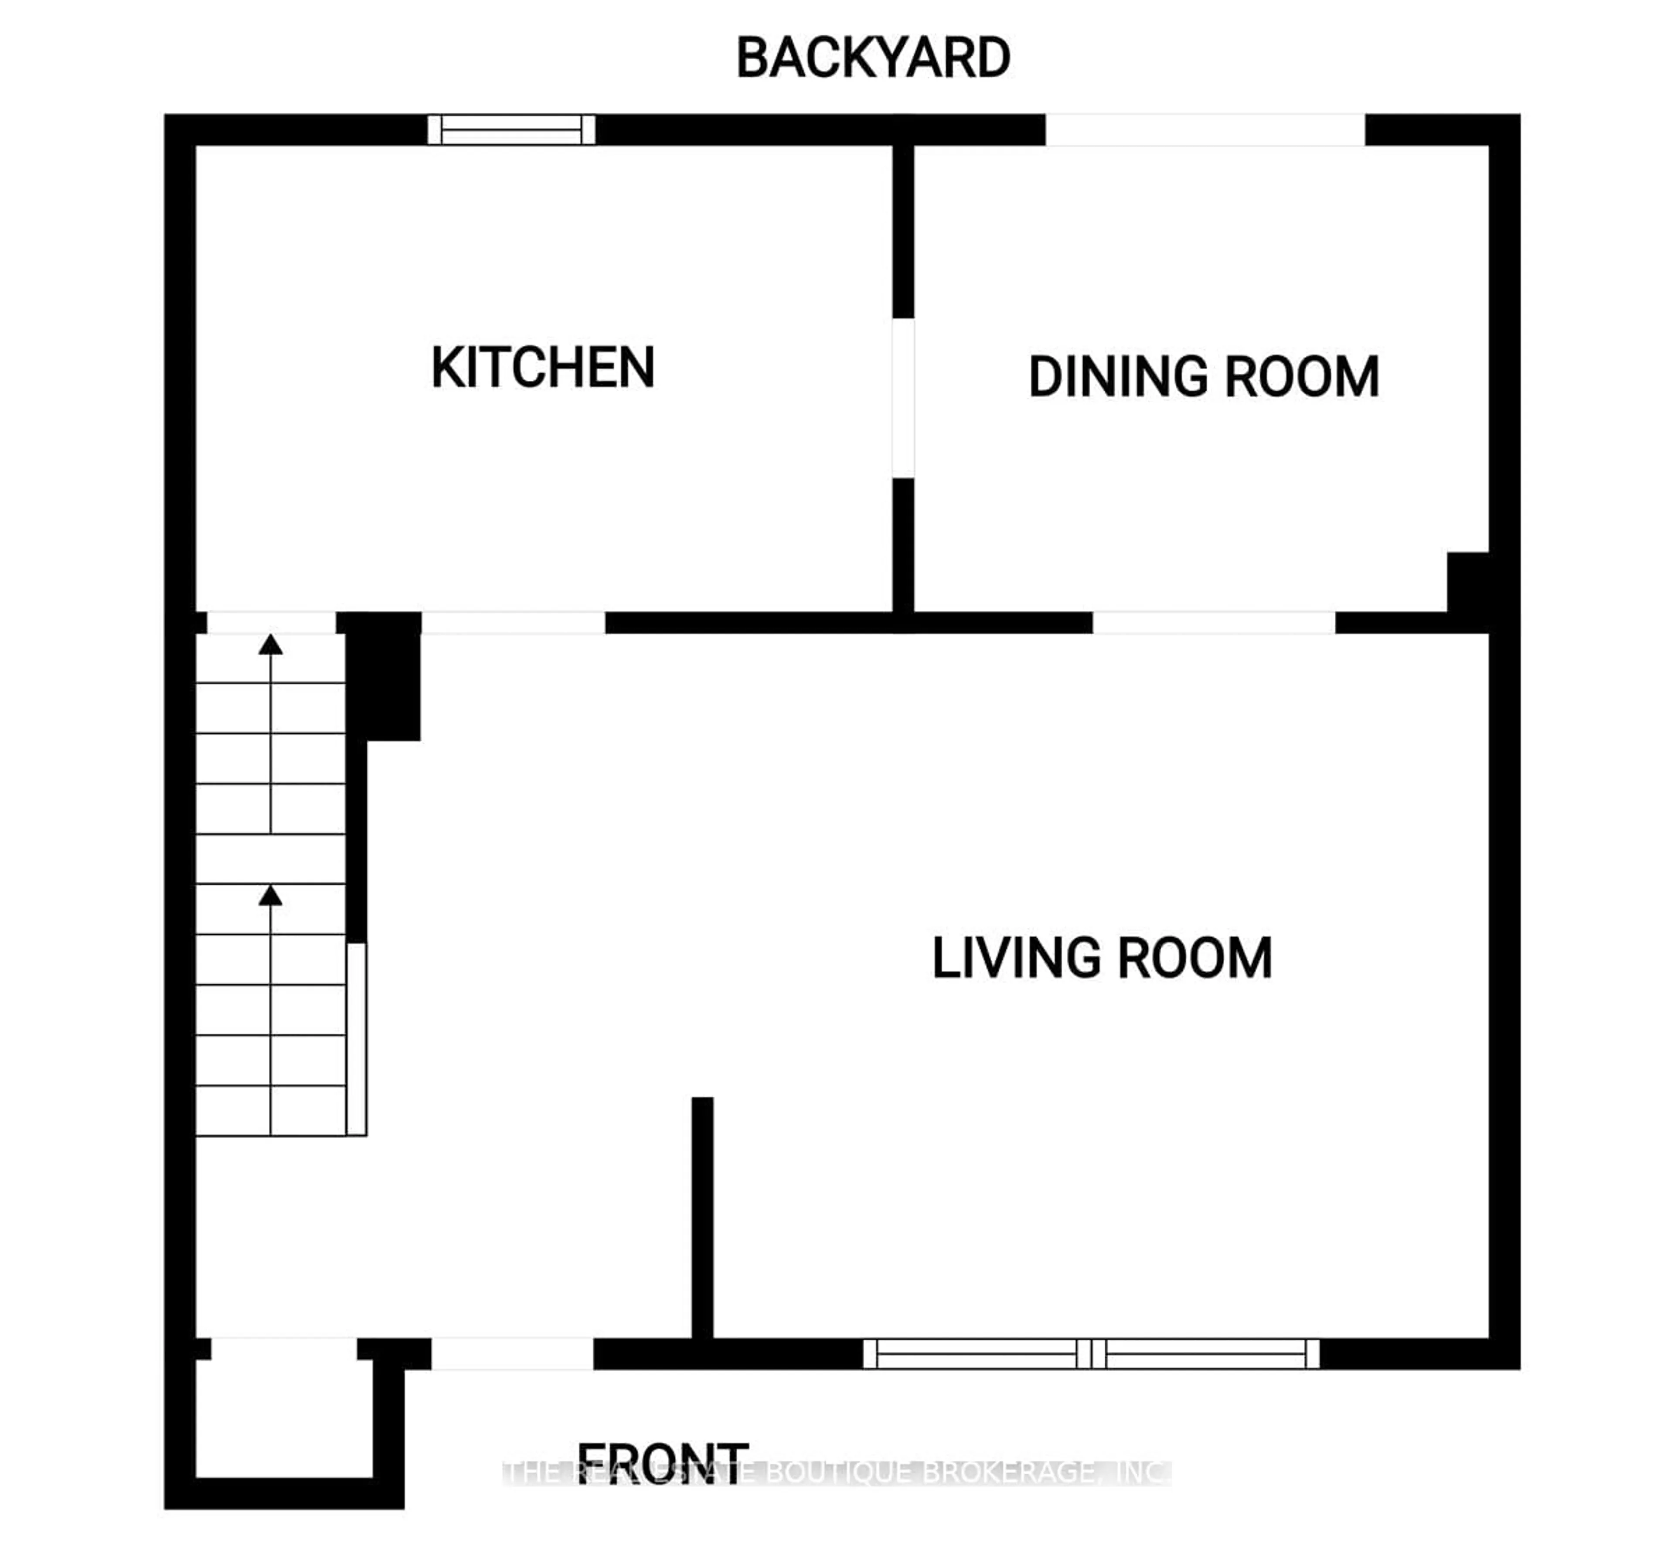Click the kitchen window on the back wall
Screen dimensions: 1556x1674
511,130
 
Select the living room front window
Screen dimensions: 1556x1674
1091,1354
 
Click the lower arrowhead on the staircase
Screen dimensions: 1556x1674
270,896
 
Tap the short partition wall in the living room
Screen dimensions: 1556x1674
702,1217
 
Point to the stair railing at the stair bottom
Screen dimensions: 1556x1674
356,1039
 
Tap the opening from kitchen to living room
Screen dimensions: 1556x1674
513,623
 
